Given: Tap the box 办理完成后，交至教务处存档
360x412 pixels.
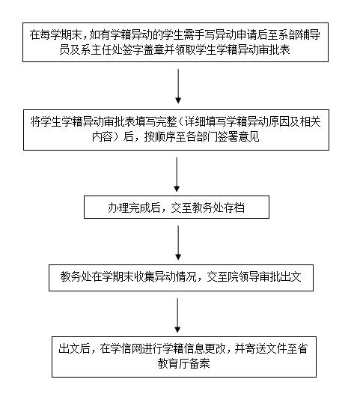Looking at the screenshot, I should pyautogui.click(x=178, y=207).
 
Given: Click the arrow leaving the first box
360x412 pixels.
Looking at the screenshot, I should pyautogui.click(x=178, y=86).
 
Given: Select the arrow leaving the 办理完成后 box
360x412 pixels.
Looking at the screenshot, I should pyautogui.click(x=178, y=241).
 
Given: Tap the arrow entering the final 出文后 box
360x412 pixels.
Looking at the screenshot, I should pyautogui.click(x=178, y=315).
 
